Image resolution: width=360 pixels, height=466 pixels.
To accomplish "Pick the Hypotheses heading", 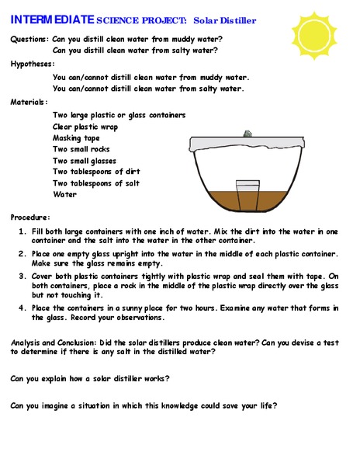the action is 33,64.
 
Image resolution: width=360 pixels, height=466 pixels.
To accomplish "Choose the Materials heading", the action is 29,102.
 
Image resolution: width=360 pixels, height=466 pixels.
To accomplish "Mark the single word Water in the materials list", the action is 64,195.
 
